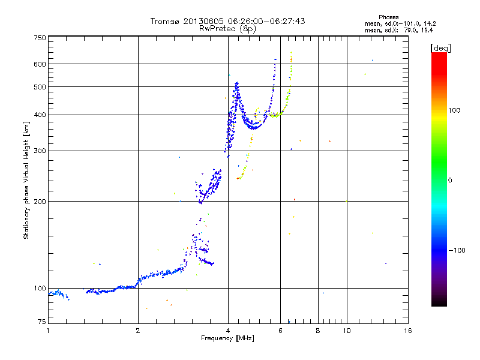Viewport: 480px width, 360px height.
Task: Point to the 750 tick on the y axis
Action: coord(40,37)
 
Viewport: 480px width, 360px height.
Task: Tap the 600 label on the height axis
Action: coord(40,64)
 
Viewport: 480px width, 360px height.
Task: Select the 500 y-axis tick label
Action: coord(40,86)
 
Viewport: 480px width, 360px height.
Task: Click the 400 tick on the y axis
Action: coord(40,115)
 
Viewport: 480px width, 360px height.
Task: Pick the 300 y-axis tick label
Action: coord(40,151)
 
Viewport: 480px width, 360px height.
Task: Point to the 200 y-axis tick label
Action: coord(40,201)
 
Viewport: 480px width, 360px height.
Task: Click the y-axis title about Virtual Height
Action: coord(26,180)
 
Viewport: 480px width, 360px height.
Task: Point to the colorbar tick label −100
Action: coord(460,250)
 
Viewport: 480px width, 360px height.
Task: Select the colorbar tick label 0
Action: coord(451,180)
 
